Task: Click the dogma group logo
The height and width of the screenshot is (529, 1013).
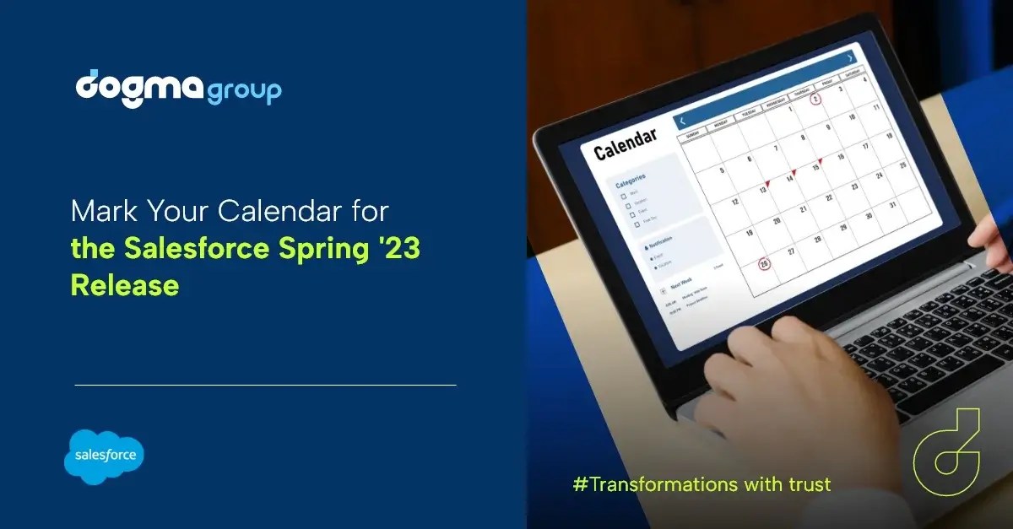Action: point(178,88)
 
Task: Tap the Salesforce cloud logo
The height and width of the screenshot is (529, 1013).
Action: point(104,456)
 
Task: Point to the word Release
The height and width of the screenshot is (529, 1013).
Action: point(124,285)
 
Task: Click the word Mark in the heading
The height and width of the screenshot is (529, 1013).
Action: point(97,210)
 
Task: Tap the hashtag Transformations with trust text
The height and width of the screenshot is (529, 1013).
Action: point(702,484)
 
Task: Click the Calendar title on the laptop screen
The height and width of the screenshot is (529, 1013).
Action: point(626,144)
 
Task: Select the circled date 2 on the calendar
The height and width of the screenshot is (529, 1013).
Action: point(815,99)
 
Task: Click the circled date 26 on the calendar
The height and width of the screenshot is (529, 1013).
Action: point(763,263)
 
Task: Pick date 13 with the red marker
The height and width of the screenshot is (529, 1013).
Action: point(762,189)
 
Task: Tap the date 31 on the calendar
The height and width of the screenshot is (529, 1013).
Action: point(893,204)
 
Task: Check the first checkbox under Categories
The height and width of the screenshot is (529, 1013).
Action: point(624,194)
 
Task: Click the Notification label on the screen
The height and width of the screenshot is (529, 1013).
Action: point(661,241)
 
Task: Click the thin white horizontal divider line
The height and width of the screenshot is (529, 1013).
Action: point(265,385)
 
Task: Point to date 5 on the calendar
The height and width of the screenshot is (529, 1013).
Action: point(722,170)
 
